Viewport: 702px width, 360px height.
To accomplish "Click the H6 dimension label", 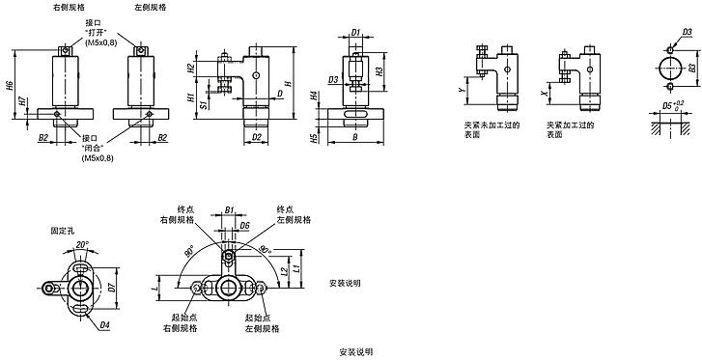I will click(x=10, y=86).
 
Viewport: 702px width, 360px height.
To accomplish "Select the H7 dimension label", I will click(x=23, y=101).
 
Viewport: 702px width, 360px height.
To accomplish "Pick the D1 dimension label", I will click(x=355, y=33).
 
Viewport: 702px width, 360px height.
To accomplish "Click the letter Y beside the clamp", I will click(x=462, y=88).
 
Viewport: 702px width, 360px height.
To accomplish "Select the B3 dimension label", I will click(x=693, y=68).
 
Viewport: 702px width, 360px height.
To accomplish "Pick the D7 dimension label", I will click(x=112, y=287).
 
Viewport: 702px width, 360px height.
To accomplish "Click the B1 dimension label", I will click(x=230, y=208).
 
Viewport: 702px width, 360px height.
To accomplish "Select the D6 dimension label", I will click(x=246, y=226).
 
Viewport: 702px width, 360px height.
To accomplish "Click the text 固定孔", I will click(x=61, y=231).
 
